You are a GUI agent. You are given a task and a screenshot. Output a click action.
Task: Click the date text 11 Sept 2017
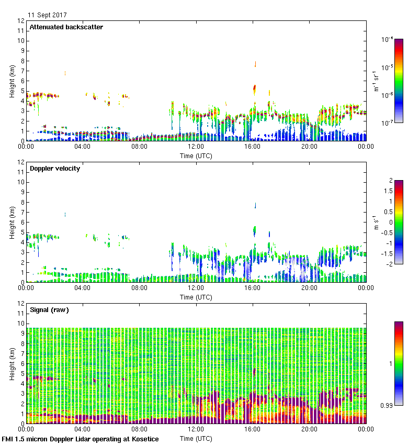click(47, 15)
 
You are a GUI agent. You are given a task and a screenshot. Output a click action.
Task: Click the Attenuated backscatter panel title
click(66, 27)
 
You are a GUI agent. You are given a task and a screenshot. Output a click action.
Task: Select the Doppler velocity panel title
click(55, 169)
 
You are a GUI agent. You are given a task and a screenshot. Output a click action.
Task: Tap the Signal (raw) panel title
click(50, 310)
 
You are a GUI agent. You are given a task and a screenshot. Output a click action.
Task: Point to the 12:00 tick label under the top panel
click(196, 147)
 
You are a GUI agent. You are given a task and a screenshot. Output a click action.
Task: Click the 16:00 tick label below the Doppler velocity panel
click(253, 288)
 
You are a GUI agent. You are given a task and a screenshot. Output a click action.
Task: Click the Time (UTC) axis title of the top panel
click(196, 155)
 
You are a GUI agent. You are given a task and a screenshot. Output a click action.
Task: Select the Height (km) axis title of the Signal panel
click(13, 363)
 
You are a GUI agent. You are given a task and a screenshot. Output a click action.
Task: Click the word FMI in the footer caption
click(8, 439)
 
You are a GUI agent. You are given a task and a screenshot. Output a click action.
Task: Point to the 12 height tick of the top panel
click(21, 21)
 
